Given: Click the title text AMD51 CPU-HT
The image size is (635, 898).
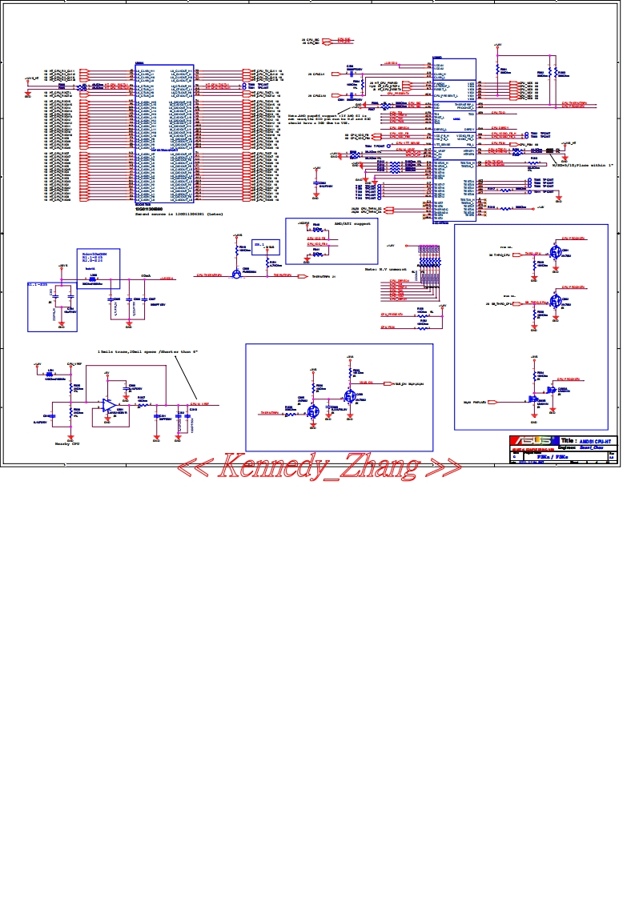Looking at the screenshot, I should pos(597,441).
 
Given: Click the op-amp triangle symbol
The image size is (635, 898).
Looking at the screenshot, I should pos(108,406).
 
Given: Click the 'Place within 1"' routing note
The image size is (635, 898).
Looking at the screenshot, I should pos(582,165).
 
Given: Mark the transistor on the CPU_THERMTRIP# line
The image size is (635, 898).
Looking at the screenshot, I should pos(237,274).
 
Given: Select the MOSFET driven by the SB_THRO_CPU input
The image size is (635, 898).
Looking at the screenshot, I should pos(555,302).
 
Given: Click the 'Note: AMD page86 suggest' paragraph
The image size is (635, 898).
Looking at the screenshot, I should pos(320,120).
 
